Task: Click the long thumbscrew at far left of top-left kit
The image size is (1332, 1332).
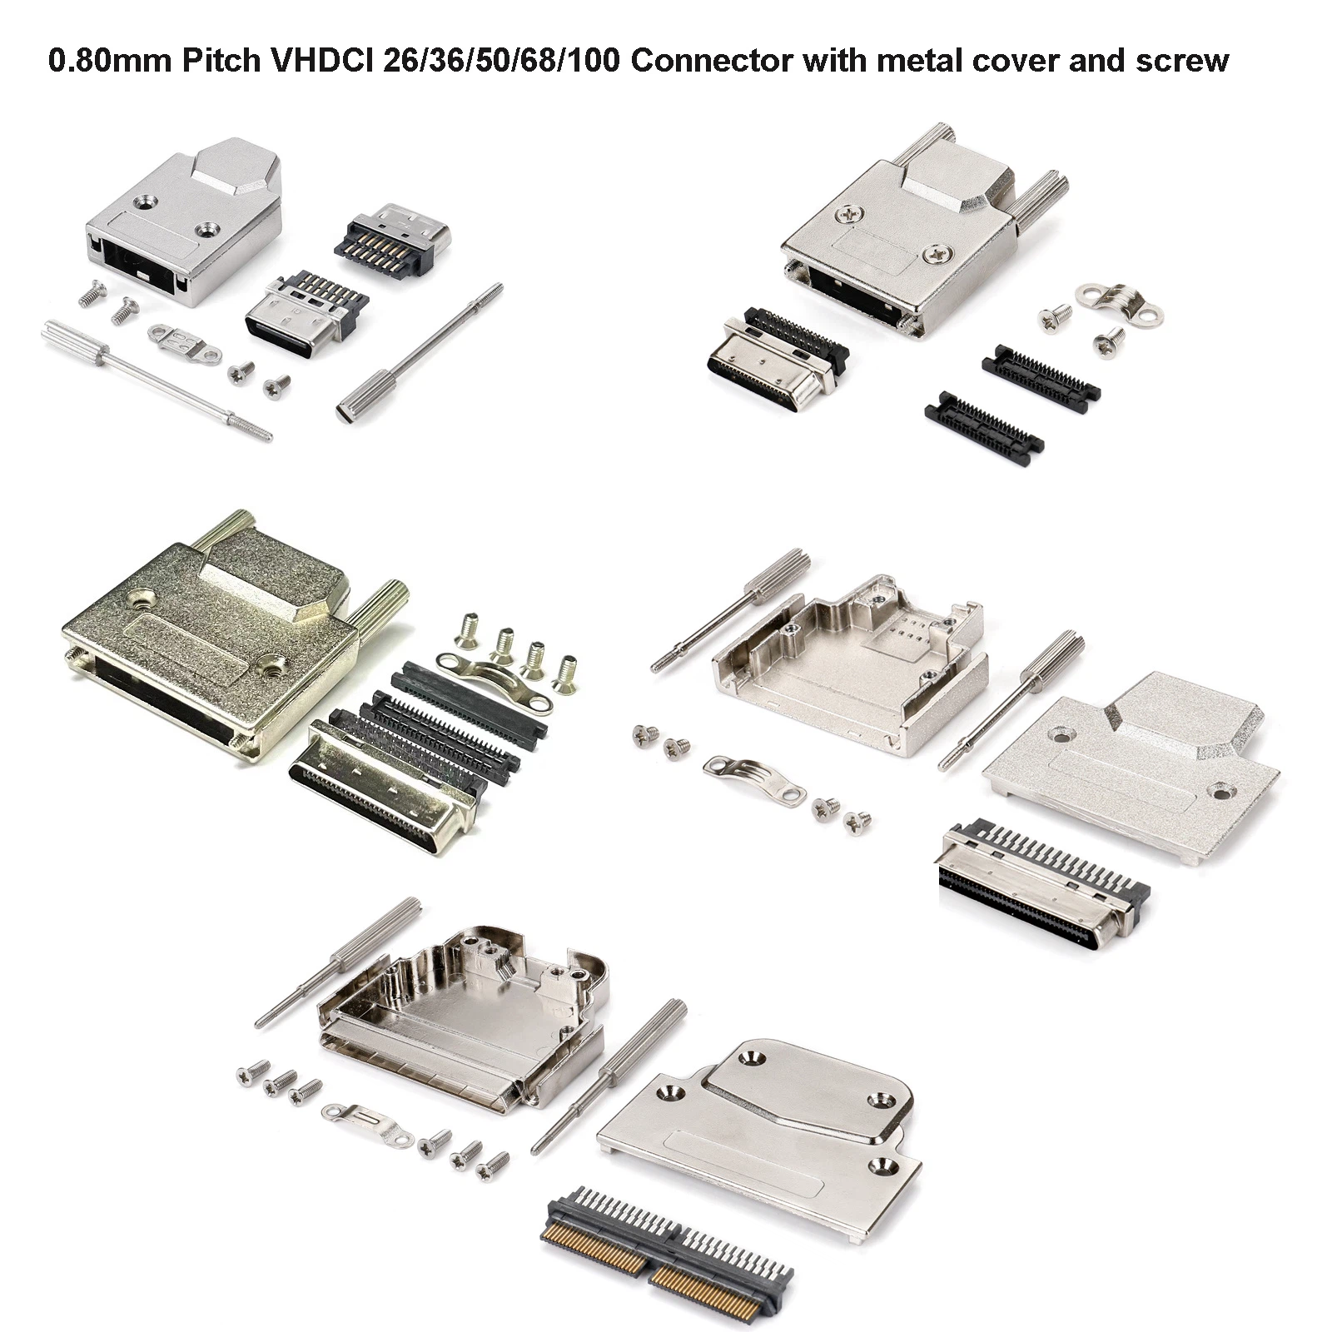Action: click(x=156, y=380)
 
